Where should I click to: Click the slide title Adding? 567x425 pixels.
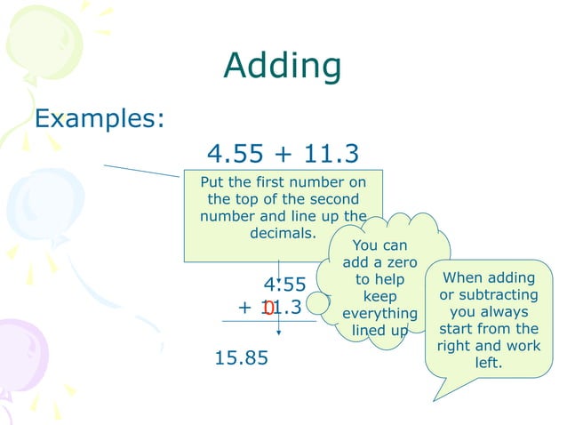pyautogui.click(x=283, y=66)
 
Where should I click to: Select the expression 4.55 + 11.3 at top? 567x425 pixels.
pyautogui.click(x=283, y=155)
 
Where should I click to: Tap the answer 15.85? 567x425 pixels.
pyautogui.click(x=241, y=358)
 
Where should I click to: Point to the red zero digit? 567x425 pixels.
pyautogui.click(x=268, y=309)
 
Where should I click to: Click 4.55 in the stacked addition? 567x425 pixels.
pyautogui.click(x=284, y=285)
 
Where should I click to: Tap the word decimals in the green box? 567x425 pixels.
pyautogui.click(x=283, y=235)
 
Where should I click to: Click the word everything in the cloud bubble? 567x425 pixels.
pyautogui.click(x=379, y=314)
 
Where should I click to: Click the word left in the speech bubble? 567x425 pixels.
pyautogui.click(x=489, y=363)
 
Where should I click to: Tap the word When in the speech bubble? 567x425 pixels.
pyautogui.click(x=462, y=277)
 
